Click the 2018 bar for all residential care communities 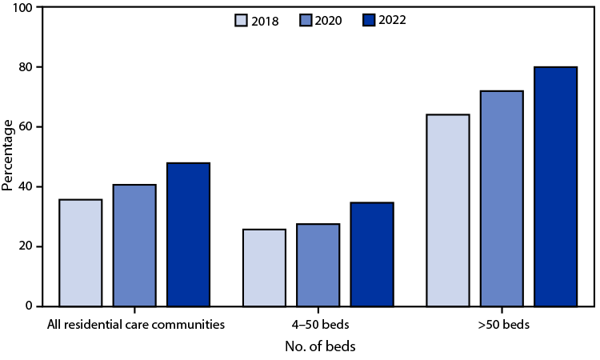click(80, 253)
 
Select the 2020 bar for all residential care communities click(134, 246)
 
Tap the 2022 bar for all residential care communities click(188, 234)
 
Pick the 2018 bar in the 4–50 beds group click(264, 268)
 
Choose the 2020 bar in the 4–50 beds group click(318, 265)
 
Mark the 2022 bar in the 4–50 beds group click(372, 254)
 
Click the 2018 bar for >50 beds click(448, 210)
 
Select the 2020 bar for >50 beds click(502, 198)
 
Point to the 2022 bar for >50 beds click(556, 186)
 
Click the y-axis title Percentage click(8, 155)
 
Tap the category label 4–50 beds click(318, 325)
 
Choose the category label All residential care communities click(134, 325)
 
